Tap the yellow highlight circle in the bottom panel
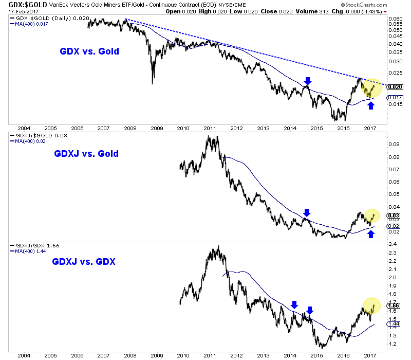click(x=371, y=305)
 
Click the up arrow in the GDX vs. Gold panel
click(x=371, y=106)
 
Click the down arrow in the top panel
click(x=308, y=81)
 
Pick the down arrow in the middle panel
click(x=307, y=212)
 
